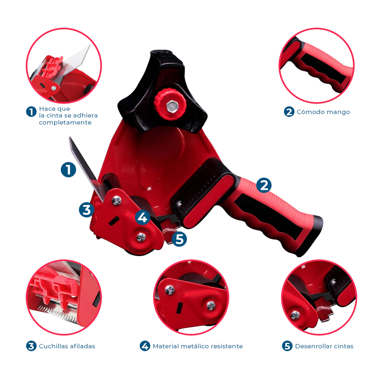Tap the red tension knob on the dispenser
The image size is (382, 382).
170,104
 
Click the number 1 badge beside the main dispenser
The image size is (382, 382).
68,169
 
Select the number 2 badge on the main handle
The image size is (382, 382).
264,185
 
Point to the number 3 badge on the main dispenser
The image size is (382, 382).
87,209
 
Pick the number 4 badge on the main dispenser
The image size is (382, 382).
143,217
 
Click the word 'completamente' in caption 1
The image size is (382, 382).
65,123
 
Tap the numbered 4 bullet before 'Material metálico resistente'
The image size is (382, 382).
145,346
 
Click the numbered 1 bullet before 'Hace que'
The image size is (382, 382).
31,112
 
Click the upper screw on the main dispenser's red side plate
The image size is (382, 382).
117,201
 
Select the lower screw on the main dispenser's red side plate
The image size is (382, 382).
141,237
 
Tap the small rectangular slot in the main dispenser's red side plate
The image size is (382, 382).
114,221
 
